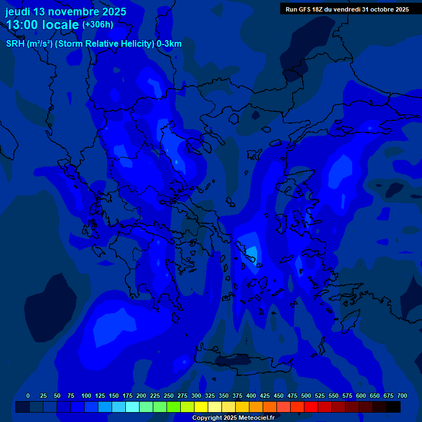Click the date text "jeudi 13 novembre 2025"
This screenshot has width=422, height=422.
point(66,12)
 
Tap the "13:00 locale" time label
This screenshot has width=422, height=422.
point(43,25)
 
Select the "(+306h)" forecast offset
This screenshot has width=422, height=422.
point(98,25)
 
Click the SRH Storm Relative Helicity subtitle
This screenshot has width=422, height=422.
point(93,43)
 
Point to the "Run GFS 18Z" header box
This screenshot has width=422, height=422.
point(346,9)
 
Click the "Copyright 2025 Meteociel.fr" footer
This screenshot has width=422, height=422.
point(234,418)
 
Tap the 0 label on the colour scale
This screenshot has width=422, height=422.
point(28,396)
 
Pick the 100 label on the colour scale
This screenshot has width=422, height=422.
point(86,396)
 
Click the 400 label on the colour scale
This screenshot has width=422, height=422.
point(251,396)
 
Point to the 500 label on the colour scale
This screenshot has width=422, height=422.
point(306,396)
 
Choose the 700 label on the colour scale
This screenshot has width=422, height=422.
point(402,396)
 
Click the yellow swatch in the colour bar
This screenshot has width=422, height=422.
point(201,407)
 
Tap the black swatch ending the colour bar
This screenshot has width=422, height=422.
point(393,407)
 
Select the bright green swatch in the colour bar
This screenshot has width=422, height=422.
point(174,407)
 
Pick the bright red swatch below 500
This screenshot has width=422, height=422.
point(311,407)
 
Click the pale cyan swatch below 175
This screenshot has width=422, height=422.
point(132,407)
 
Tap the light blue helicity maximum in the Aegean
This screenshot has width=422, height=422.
point(251,253)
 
